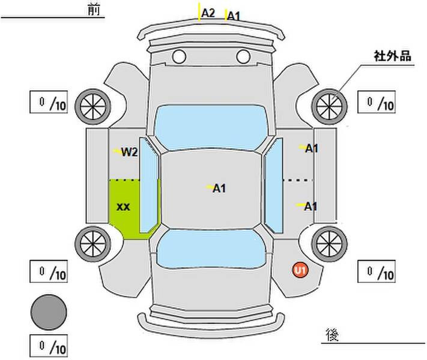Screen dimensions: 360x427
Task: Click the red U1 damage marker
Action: (x=300, y=271)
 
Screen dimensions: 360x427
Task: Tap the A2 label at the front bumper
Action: (x=208, y=12)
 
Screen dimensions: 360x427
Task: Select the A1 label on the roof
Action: (x=219, y=188)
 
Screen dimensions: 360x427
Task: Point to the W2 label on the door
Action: (x=130, y=152)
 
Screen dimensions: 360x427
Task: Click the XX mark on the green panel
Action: (x=123, y=207)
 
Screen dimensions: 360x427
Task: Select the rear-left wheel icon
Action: (x=92, y=242)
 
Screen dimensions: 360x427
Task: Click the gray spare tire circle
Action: (x=49, y=312)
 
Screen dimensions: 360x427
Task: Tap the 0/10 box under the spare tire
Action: (x=49, y=346)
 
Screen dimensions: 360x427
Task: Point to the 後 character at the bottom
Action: (x=332, y=334)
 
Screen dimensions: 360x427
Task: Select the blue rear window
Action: (x=210, y=250)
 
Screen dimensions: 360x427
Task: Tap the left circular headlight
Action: (x=178, y=57)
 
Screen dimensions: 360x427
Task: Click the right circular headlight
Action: (x=243, y=57)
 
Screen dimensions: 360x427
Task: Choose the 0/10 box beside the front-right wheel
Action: (x=377, y=103)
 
